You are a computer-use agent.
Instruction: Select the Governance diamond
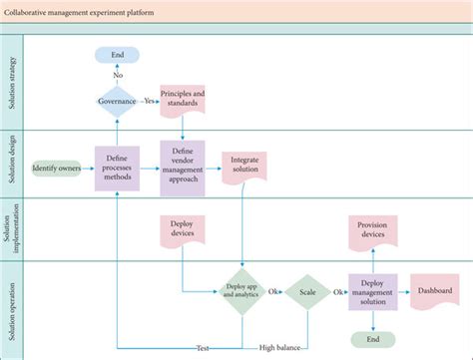[117, 102]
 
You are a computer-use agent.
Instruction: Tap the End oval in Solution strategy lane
[117, 56]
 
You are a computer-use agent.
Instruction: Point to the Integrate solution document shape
[245, 165]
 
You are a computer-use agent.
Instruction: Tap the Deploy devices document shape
[183, 230]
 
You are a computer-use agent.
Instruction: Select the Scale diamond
[307, 291]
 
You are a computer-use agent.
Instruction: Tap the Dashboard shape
[434, 290]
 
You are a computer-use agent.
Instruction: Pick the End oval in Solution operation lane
[373, 338]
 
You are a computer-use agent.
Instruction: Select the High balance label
[281, 347]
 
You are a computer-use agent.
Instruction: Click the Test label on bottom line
[202, 347]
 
